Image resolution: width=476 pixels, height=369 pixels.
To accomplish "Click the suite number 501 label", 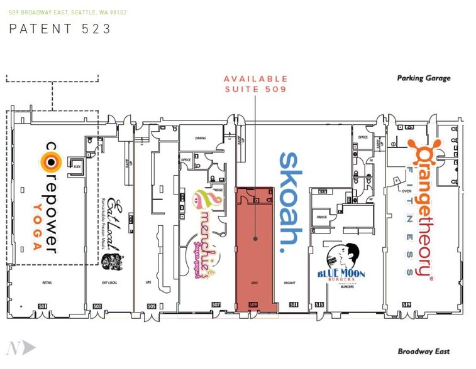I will click(x=43, y=306).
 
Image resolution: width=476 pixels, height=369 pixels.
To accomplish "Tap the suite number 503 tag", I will click(x=97, y=306).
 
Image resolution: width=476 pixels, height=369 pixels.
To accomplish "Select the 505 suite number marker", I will click(x=152, y=306).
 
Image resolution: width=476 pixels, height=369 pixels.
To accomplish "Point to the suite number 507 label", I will click(x=216, y=306).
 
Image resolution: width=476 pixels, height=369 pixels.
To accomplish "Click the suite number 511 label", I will click(x=294, y=306).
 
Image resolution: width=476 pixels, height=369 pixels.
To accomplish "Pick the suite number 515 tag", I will click(x=319, y=306).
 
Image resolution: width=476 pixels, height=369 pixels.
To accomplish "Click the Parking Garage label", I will click(x=424, y=78).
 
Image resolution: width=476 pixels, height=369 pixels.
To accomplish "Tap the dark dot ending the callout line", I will click(x=255, y=238).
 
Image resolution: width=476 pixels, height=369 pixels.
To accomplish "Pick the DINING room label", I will click(x=201, y=138).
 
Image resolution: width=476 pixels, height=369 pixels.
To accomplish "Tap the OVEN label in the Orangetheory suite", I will click(x=406, y=174).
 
